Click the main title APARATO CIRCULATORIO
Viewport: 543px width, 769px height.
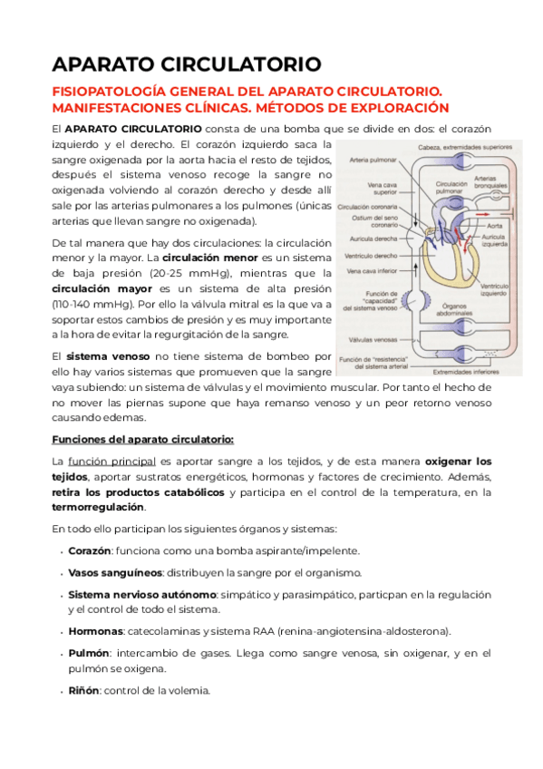tap(186, 64)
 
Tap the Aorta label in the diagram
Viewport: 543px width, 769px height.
tap(494, 225)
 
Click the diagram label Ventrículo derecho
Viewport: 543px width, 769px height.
tap(370, 255)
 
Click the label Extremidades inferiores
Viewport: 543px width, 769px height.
tap(467, 371)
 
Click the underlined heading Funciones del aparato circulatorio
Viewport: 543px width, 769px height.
tap(142, 440)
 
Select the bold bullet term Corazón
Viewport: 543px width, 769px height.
tap(90, 550)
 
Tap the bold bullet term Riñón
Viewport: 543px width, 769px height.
tap(83, 690)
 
